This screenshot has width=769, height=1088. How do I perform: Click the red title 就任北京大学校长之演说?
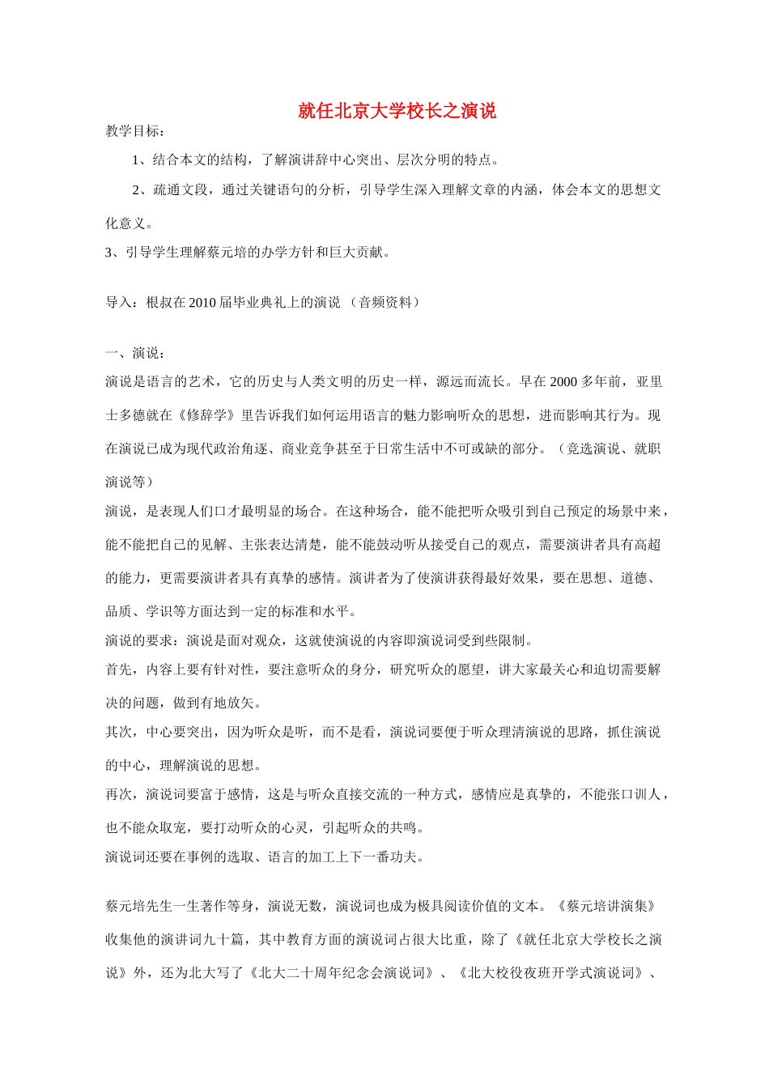click(x=397, y=111)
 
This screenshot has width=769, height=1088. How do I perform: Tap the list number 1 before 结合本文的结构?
click(x=136, y=160)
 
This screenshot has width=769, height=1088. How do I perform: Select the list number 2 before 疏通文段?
click(x=136, y=190)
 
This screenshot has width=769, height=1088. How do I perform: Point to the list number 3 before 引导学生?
click(x=109, y=253)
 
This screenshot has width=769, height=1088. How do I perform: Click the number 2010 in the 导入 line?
click(x=203, y=303)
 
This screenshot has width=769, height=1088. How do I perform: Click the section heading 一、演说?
click(x=135, y=353)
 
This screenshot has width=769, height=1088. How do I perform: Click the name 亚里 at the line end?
click(x=649, y=382)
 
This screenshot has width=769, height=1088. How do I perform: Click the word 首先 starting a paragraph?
click(x=118, y=670)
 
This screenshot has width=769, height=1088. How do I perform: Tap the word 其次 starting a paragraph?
click(x=118, y=733)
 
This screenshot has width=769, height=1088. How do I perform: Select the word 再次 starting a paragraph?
click(x=118, y=795)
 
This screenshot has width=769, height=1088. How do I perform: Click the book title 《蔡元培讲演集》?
click(x=606, y=907)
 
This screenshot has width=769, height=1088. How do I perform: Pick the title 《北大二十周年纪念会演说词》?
click(x=341, y=973)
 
